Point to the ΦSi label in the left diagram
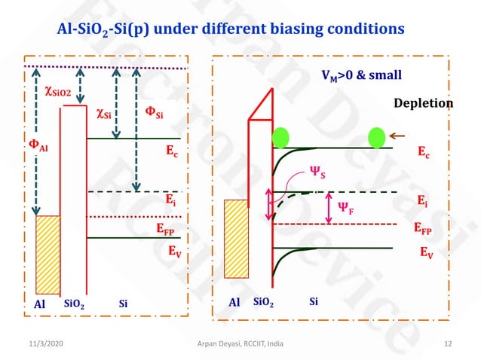click(x=154, y=114)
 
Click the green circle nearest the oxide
click(x=280, y=138)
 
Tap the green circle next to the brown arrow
click(x=376, y=138)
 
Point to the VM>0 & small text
click(x=357, y=75)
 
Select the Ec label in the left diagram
click(x=172, y=149)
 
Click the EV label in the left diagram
click(x=173, y=252)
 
